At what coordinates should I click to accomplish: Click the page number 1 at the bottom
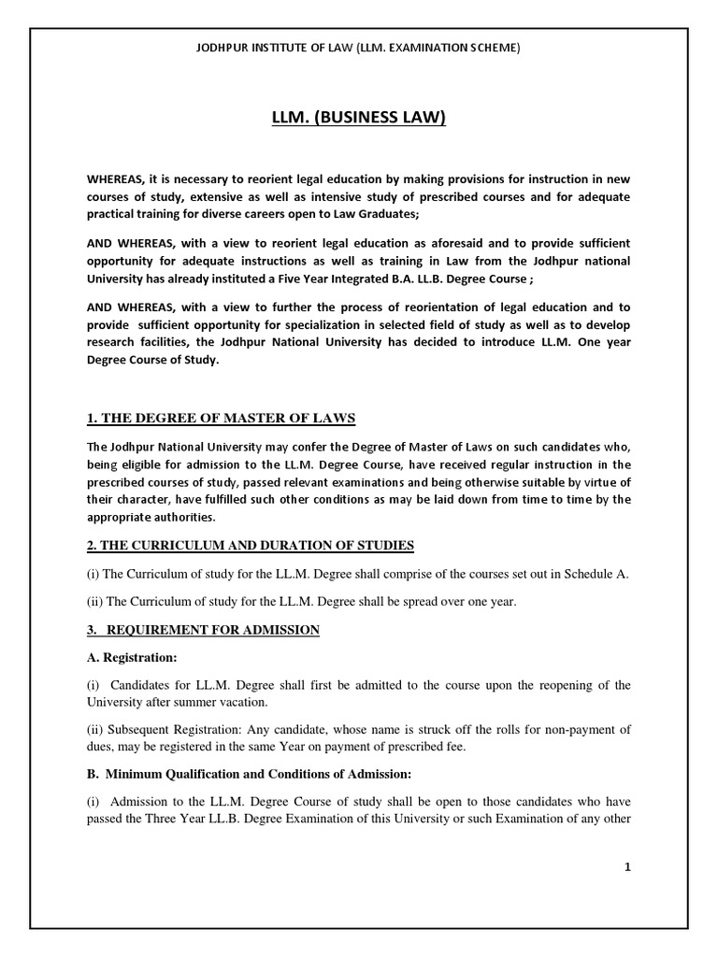point(629,866)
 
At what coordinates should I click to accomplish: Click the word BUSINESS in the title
point(360,118)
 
